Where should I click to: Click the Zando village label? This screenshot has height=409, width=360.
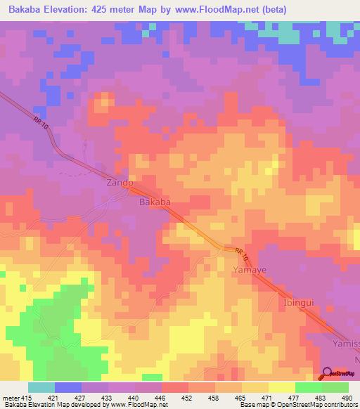(120, 183)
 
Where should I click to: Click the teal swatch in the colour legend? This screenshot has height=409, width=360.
(41, 387)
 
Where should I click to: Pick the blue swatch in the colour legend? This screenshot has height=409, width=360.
(67, 387)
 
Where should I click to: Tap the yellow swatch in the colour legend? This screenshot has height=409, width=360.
(281, 387)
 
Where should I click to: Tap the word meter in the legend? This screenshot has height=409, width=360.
(13, 398)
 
